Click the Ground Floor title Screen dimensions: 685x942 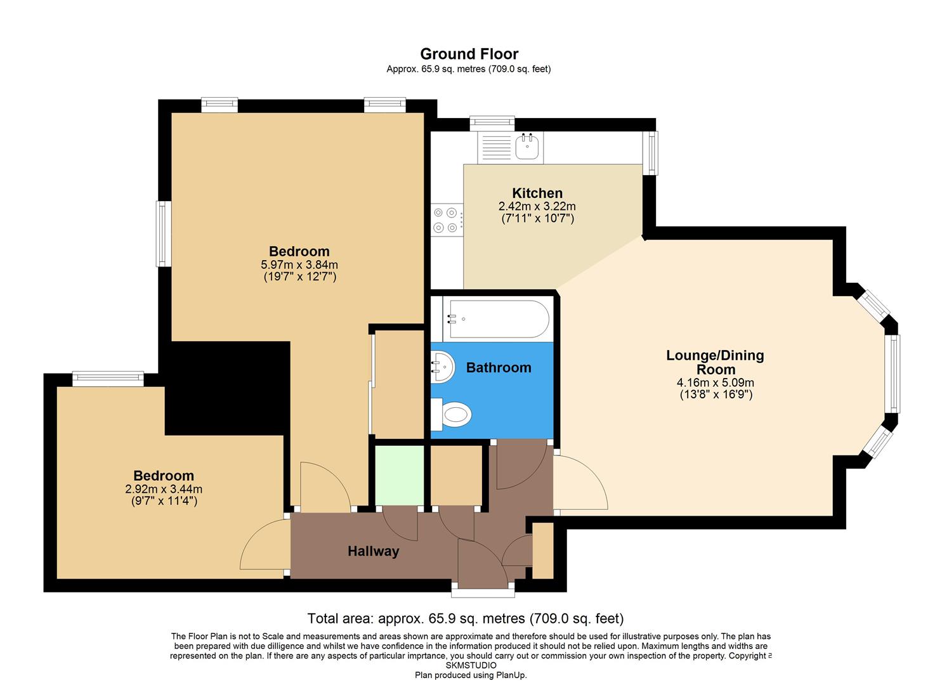tap(469, 54)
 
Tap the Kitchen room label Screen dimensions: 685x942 tap(537, 193)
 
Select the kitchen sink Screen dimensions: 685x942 tap(527, 147)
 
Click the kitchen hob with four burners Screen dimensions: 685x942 tap(445, 220)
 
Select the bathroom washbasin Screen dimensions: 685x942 tap(443, 367)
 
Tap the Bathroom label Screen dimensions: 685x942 tap(499, 368)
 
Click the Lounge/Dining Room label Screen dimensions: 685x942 tap(715, 362)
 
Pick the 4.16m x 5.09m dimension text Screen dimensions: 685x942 tap(715, 382)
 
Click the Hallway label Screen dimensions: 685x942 tap(373, 552)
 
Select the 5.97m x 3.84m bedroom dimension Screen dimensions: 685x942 tap(299, 264)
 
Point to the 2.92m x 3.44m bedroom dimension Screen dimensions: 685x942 tap(164, 489)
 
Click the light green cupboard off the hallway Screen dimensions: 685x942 tap(399, 474)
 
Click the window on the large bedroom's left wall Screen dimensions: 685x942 tap(164, 233)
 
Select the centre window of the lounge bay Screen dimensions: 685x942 tap(893, 374)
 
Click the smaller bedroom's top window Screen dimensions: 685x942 tap(107, 379)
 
